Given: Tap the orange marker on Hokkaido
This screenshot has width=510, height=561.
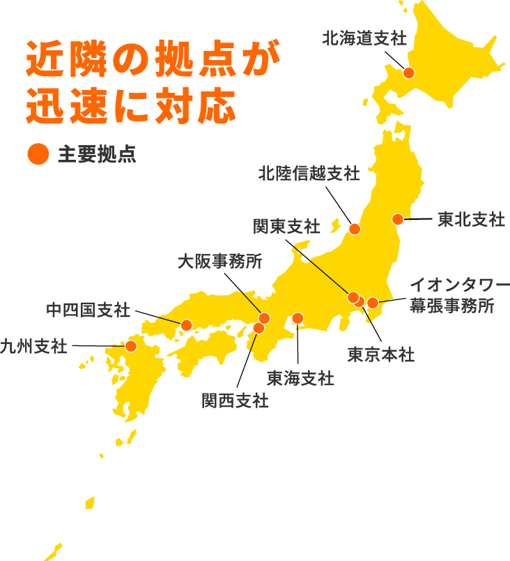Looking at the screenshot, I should point(409,73).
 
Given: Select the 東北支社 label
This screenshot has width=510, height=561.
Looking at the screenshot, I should point(471,219).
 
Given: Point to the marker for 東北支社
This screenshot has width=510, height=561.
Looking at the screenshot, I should point(398,219).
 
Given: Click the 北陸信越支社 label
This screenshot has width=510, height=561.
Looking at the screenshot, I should point(309,173).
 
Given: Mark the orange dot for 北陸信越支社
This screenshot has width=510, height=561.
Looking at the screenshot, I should point(355,229).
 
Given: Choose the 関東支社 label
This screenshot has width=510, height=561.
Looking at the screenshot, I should point(286,226).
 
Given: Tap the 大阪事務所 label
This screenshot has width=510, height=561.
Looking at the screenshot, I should point(219,262).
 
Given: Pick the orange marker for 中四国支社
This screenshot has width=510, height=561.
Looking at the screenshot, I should point(186,324).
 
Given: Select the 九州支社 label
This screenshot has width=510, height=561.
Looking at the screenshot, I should point(33,345).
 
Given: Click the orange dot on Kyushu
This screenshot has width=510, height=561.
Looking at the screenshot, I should point(130,345).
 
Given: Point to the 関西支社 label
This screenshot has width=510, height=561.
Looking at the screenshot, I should point(235,401).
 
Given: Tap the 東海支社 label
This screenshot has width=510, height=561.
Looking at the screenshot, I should point(300,378).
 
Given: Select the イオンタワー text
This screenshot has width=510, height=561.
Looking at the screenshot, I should point(459,285).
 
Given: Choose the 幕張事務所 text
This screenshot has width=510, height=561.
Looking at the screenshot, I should point(451,306).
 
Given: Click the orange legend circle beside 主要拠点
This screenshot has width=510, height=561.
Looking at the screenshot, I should point(38,154).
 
